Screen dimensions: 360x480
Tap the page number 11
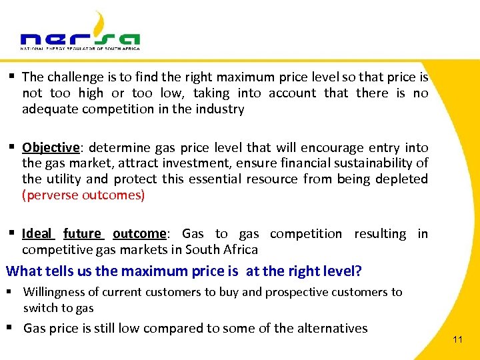[457, 340]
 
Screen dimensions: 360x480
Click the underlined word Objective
[50, 147]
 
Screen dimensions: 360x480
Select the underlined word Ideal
[37, 234]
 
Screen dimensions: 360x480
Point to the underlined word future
[82, 234]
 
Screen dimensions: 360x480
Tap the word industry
[217, 109]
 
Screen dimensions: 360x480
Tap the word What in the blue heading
[23, 271]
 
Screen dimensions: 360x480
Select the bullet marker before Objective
[13, 147]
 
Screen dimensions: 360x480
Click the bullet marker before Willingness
[13, 292]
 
